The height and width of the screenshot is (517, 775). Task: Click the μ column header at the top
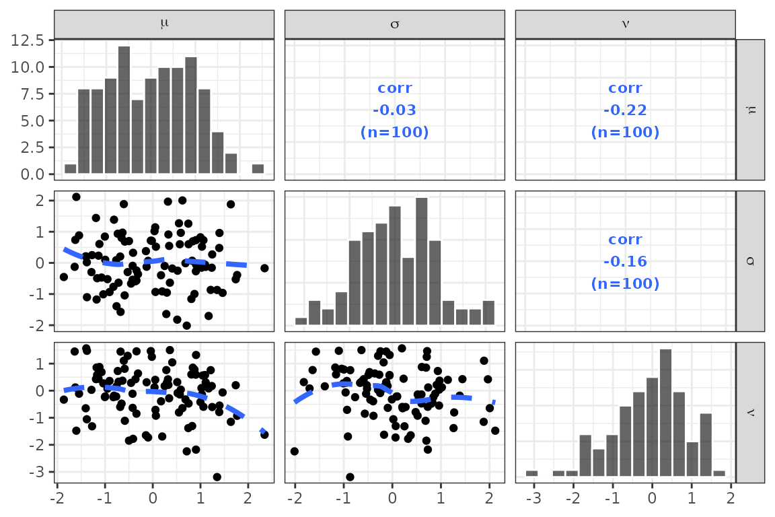164,24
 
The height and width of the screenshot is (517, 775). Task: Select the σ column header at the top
394,24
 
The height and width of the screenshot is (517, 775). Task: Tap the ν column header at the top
625,24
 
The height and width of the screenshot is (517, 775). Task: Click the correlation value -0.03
394,110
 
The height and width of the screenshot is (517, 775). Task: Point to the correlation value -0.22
625,110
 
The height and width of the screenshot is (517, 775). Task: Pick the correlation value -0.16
625,261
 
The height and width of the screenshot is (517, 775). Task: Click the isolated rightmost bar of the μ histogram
258,169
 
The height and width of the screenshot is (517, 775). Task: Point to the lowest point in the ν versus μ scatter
217,477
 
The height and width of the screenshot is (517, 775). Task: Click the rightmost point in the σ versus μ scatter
264,268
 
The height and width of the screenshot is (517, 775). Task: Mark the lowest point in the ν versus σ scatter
350,477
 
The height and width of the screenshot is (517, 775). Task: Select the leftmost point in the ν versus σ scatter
294,451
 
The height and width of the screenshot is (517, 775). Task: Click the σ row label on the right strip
750,261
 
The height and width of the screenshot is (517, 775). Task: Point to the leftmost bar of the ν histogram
531,473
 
